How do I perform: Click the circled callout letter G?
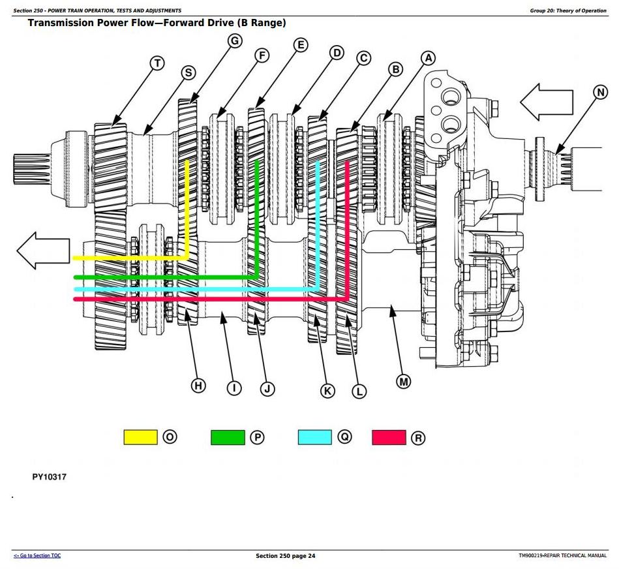pyautogui.click(x=235, y=40)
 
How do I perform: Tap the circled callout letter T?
pyautogui.click(x=157, y=63)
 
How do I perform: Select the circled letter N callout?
pyautogui.click(x=601, y=93)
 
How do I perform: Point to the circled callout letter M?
pyautogui.click(x=404, y=382)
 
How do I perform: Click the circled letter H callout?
pyautogui.click(x=198, y=386)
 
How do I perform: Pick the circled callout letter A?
pyautogui.click(x=428, y=59)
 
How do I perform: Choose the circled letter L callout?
pyautogui.click(x=359, y=392)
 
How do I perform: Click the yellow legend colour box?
pyautogui.click(x=140, y=437)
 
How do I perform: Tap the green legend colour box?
pyautogui.click(x=228, y=437)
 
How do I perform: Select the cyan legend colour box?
pyautogui.click(x=314, y=437)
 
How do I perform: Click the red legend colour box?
pyautogui.click(x=389, y=437)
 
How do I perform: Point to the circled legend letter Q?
pyautogui.click(x=344, y=437)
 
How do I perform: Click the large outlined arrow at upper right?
pyautogui.click(x=547, y=102)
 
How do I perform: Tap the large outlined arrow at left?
pyautogui.click(x=44, y=251)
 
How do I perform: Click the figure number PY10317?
pyautogui.click(x=50, y=476)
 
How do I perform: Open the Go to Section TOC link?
pyautogui.click(x=37, y=555)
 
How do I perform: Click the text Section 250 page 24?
pyautogui.click(x=286, y=556)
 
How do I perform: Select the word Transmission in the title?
pyautogui.click(x=61, y=22)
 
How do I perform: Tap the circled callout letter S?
pyautogui.click(x=189, y=72)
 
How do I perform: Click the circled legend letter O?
pyautogui.click(x=170, y=437)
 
